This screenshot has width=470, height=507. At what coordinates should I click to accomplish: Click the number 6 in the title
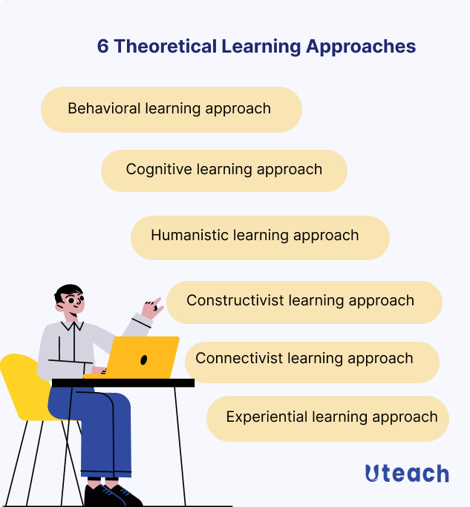click(x=103, y=46)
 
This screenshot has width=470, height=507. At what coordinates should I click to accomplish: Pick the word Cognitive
click(x=159, y=169)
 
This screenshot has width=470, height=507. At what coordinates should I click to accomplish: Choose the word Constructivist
click(x=235, y=300)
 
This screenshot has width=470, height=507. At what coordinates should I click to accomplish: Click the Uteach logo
click(x=407, y=474)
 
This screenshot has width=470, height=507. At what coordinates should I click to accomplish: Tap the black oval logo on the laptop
click(x=144, y=359)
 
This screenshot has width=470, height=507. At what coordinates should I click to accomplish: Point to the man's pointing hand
click(x=153, y=306)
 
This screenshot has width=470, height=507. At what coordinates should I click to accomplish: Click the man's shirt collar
click(x=71, y=324)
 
